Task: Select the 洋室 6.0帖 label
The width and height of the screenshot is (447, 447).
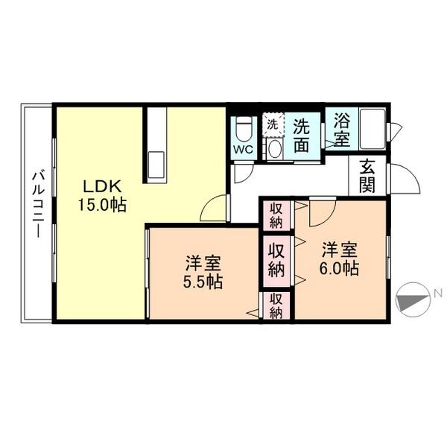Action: pyautogui.click(x=340, y=258)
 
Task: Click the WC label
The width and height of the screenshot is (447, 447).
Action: pyautogui.click(x=244, y=149)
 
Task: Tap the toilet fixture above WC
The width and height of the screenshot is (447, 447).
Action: pyautogui.click(x=244, y=129)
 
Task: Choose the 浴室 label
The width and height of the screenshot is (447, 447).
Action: pyautogui.click(x=341, y=128)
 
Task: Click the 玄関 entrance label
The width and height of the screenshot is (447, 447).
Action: pyautogui.click(x=367, y=176)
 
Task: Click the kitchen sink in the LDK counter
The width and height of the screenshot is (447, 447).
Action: pyautogui.click(x=156, y=164)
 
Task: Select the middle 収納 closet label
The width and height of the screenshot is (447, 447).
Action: pyautogui.click(x=276, y=259)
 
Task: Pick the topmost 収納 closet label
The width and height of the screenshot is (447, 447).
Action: pyautogui.click(x=276, y=215)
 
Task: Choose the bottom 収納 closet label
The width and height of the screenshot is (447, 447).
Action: pyautogui.click(x=276, y=305)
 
